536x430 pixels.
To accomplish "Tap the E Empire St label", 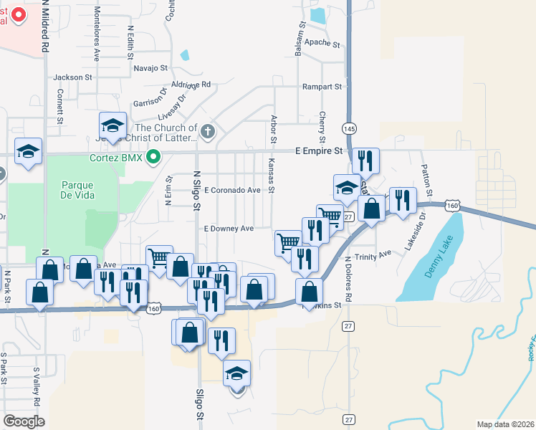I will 319,151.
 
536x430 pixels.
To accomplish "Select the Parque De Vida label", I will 79,189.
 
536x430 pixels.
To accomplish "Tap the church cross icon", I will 208,132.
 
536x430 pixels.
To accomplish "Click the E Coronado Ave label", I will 231,190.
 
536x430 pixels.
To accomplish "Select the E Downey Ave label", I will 229,229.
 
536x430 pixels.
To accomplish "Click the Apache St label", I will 322,44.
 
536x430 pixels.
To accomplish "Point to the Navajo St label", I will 150,69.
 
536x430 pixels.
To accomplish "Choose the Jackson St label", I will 72,77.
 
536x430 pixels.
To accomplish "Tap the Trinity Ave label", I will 373,254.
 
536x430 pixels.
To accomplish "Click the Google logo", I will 24,421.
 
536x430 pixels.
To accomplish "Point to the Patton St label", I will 427,181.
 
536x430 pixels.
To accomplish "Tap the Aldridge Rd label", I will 192,85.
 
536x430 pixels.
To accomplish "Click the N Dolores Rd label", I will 348,279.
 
